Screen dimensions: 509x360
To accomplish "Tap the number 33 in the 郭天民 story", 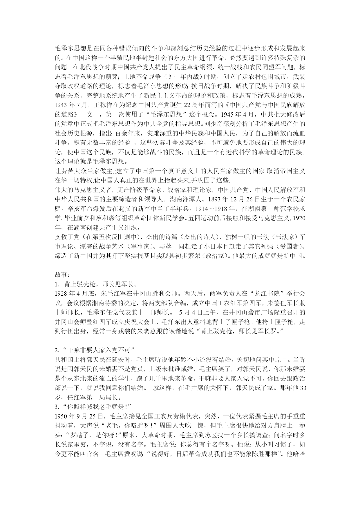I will click(303, 388).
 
